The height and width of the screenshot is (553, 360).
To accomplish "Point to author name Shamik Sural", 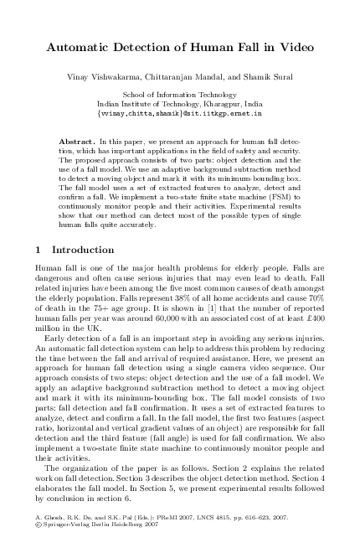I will (260, 77).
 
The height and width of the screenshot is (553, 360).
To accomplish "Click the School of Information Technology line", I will (180, 96).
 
